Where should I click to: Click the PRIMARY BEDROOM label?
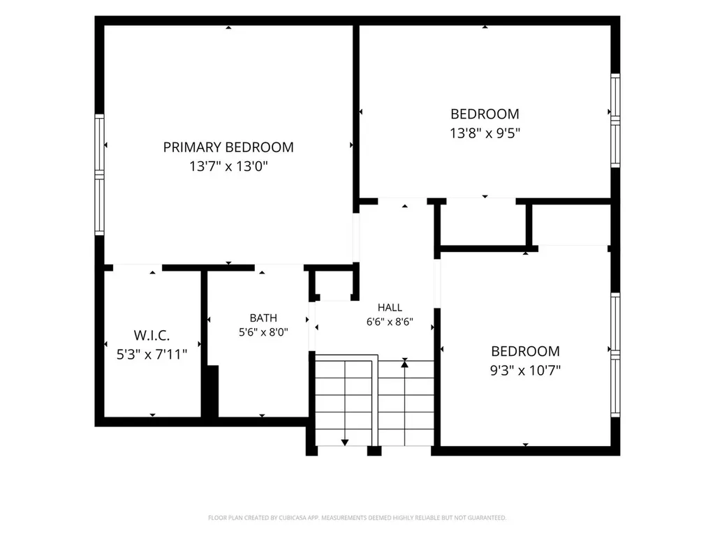point(228,147)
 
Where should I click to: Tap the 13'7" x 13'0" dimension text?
point(228,166)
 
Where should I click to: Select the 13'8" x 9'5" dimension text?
point(485,133)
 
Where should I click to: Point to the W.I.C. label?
point(152,336)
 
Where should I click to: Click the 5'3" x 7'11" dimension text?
point(152,355)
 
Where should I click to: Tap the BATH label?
point(263,318)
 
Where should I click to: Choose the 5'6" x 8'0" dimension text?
point(263,332)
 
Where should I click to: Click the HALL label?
point(390,308)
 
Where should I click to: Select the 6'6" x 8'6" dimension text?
point(390,322)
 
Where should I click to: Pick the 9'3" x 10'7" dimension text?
point(525,371)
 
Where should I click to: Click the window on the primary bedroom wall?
point(99,174)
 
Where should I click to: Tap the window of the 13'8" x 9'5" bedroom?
point(616,120)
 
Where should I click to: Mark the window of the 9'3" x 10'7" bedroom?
point(616,355)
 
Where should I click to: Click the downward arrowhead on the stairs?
point(345,442)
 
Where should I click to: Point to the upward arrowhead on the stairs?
point(404,363)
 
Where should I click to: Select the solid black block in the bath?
point(213,391)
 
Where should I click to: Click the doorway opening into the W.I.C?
point(138,267)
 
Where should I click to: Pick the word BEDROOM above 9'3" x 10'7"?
point(525,352)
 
